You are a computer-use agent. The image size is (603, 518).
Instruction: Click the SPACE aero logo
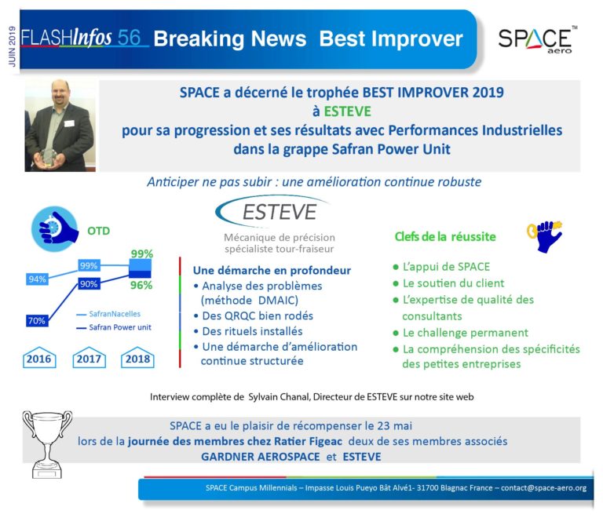point(537,39)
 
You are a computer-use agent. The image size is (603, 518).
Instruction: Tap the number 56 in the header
point(129,37)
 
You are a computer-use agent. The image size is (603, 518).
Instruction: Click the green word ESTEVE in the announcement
point(347,111)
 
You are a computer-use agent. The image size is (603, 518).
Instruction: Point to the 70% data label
point(37,320)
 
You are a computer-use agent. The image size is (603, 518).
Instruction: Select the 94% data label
point(38,279)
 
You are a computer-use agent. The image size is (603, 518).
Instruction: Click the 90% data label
point(89,284)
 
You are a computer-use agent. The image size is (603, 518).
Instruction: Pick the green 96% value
point(141,285)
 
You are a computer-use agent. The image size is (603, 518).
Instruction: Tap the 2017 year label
point(89,358)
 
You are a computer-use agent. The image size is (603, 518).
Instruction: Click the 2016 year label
point(38,358)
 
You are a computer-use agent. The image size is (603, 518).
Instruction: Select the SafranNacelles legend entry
point(109,314)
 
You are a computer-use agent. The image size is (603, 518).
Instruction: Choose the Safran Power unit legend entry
point(114,327)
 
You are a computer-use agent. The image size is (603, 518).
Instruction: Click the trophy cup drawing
point(47,444)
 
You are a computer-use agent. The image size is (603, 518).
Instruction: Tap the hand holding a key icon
point(545,235)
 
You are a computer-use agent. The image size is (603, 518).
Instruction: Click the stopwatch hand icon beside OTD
point(55,229)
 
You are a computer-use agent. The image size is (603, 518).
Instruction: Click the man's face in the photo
point(60,93)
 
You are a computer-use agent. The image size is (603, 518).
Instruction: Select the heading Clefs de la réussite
point(445,237)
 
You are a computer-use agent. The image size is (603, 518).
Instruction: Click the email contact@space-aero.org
point(543,488)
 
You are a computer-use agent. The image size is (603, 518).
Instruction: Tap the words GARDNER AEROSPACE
point(261,457)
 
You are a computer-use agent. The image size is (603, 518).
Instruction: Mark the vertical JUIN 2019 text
point(13,46)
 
